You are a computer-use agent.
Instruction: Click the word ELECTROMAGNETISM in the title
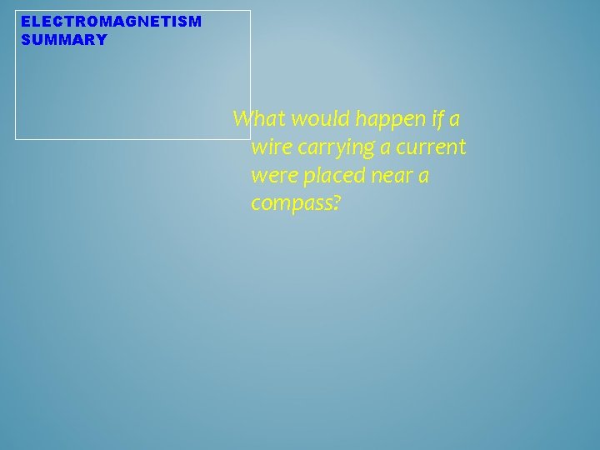pyautogui.click(x=111, y=21)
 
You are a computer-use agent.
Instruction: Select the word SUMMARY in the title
pyautogui.click(x=64, y=40)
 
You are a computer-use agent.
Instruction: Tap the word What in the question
pyautogui.click(x=255, y=119)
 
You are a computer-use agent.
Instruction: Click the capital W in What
pyautogui.click(x=242, y=119)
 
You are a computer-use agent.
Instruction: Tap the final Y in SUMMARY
pyautogui.click(x=102, y=40)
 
